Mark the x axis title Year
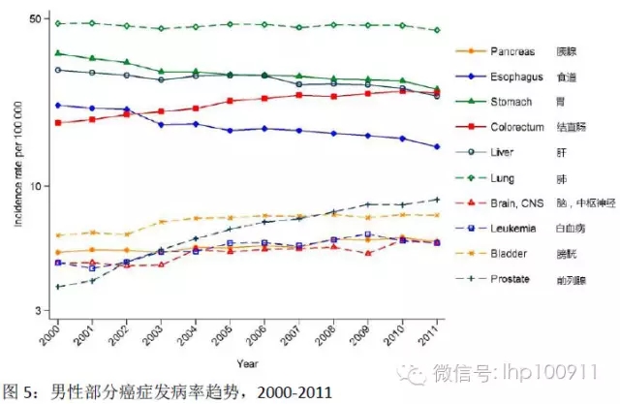pos(247,363)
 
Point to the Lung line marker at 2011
pos(438,30)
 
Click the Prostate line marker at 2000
pos(57,287)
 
